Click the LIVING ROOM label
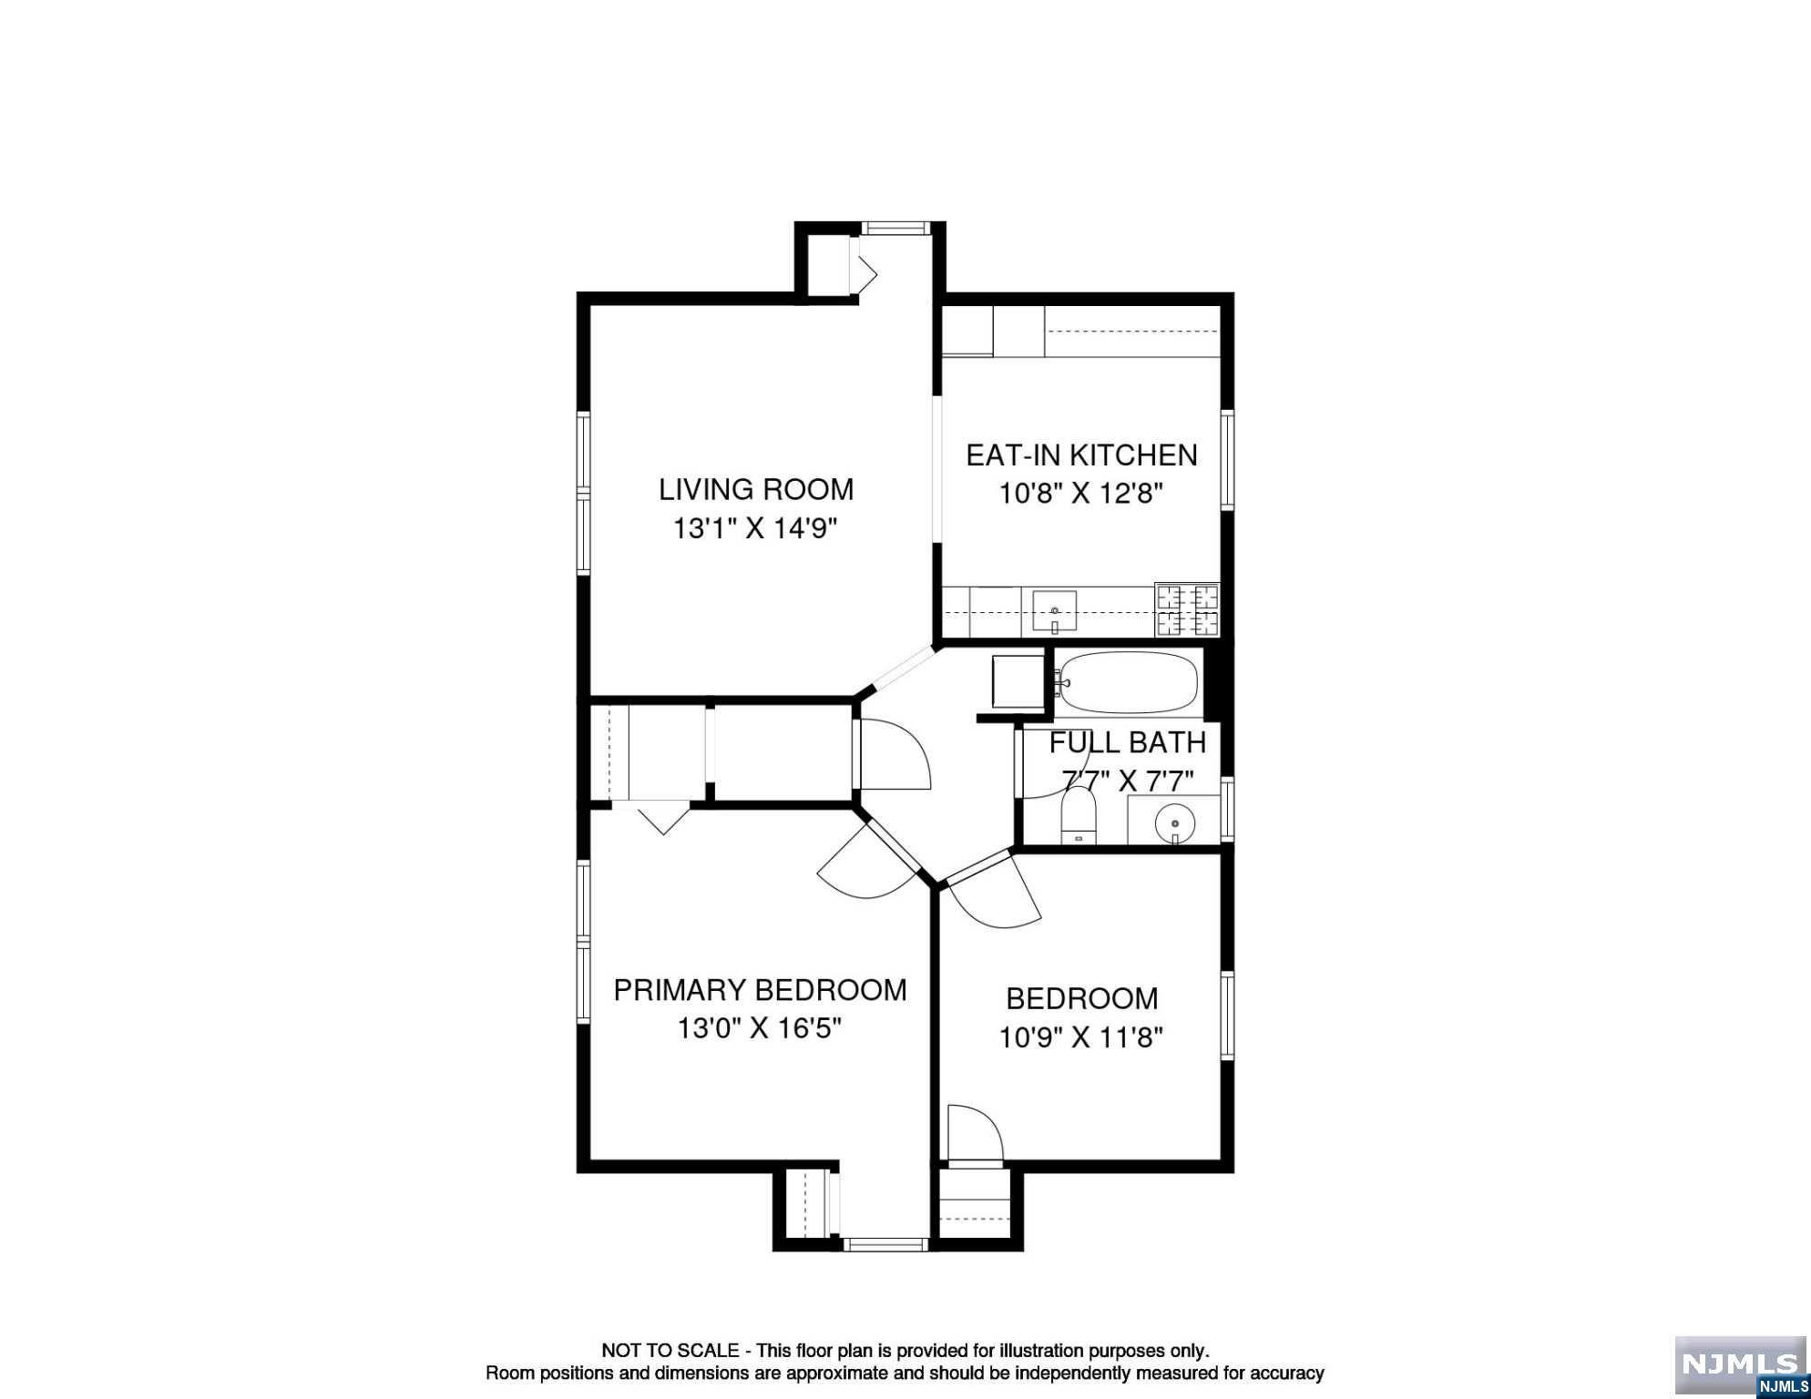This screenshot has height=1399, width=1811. [x=756, y=489]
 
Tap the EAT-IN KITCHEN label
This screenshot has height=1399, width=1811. [x=1081, y=454]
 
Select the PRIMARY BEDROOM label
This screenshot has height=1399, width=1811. [x=760, y=990]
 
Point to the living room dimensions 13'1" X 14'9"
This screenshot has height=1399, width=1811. [x=755, y=528]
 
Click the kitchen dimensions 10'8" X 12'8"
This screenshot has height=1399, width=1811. [x=1081, y=494]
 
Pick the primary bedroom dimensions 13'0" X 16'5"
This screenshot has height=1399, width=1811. [x=759, y=1029]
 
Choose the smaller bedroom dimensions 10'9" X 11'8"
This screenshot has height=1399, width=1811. [x=1081, y=1037]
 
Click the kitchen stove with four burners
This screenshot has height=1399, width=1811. [x=1187, y=610]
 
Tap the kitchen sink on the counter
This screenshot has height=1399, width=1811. [x=1055, y=612]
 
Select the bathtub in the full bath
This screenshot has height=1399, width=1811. [x=1127, y=682]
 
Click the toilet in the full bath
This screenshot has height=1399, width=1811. [x=1079, y=816]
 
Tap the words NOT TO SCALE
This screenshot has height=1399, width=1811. [x=670, y=1351]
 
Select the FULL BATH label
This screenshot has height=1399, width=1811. [x=1128, y=743]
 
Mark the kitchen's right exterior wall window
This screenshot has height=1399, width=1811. [x=1227, y=458]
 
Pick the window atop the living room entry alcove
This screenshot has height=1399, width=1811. [x=895, y=229]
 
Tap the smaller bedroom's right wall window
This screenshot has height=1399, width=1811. [x=1227, y=1016]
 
